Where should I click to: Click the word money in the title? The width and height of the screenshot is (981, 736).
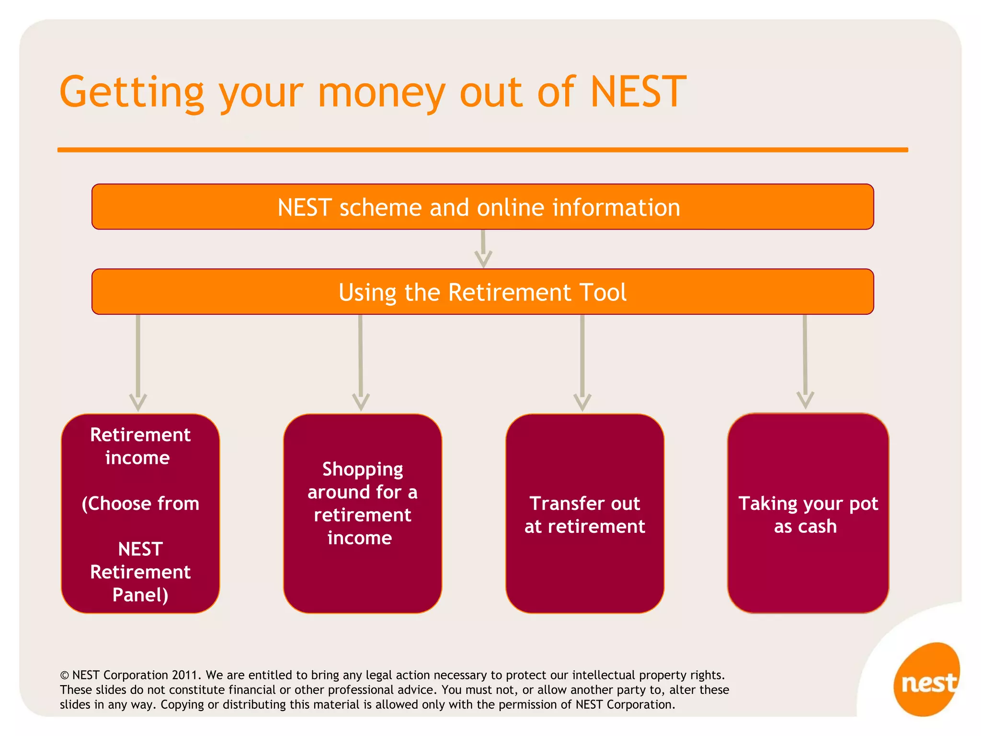click(x=381, y=93)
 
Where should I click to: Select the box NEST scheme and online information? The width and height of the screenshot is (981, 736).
click(x=482, y=207)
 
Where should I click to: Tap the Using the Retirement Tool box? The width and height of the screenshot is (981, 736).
click(x=482, y=292)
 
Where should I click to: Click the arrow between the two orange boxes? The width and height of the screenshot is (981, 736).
click(x=483, y=249)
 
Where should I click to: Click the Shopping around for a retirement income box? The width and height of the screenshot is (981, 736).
click(x=362, y=513)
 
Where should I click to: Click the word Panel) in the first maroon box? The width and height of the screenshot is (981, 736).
click(x=140, y=595)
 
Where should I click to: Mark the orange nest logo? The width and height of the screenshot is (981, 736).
click(x=927, y=680)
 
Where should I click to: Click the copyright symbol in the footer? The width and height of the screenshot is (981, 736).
click(x=64, y=676)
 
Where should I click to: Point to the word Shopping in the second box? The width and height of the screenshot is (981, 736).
click(x=363, y=470)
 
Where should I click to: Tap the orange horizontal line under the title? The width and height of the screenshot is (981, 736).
click(x=482, y=150)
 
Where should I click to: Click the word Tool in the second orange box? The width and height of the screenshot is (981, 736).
click(x=603, y=292)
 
